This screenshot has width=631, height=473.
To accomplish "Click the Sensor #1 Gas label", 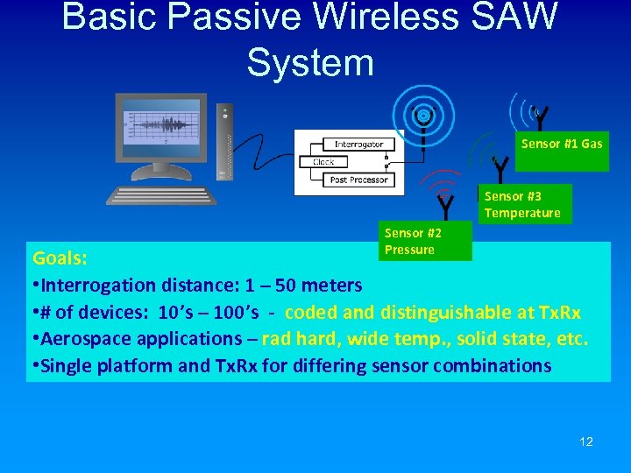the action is pos(562,144).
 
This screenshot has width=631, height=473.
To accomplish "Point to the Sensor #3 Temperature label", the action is pos(522,205).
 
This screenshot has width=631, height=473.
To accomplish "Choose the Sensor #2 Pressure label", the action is pos(414,242).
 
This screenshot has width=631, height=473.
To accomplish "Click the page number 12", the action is pos(586,441).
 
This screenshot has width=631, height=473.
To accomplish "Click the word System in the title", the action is pos(310,62).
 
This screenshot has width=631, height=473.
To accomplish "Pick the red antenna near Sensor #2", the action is pos(445,202).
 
